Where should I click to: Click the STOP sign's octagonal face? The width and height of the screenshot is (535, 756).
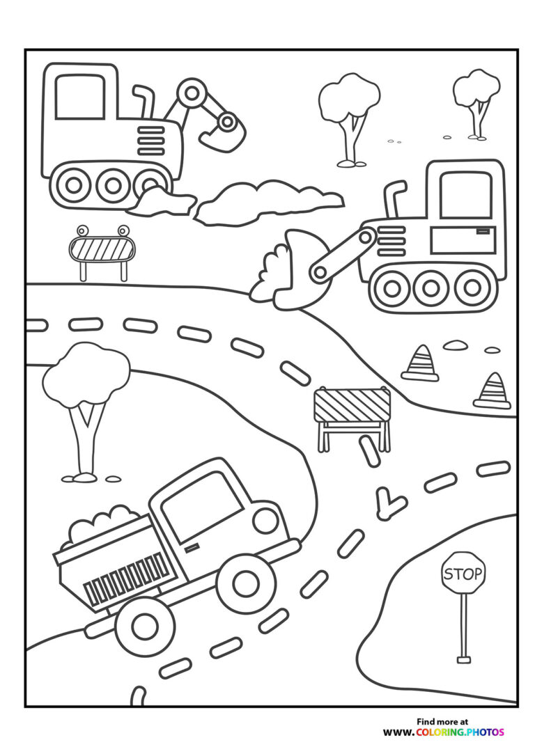pos(463,574)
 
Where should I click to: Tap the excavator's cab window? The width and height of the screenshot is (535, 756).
pos(80,96)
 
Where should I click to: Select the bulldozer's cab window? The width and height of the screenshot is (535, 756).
pos(465,195)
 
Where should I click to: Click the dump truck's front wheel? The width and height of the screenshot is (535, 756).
pos(245,583)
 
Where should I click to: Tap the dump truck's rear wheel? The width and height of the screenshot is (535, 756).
pos(145,627)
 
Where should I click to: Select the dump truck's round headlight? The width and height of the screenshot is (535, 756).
pos(265,520)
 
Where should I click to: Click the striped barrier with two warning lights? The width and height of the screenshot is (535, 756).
pos(102,249)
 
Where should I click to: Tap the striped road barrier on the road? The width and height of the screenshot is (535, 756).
pos(352,405)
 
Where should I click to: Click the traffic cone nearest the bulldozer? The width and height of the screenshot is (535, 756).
pos(421,363)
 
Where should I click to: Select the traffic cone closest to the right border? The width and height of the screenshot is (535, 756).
pos(493,391)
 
